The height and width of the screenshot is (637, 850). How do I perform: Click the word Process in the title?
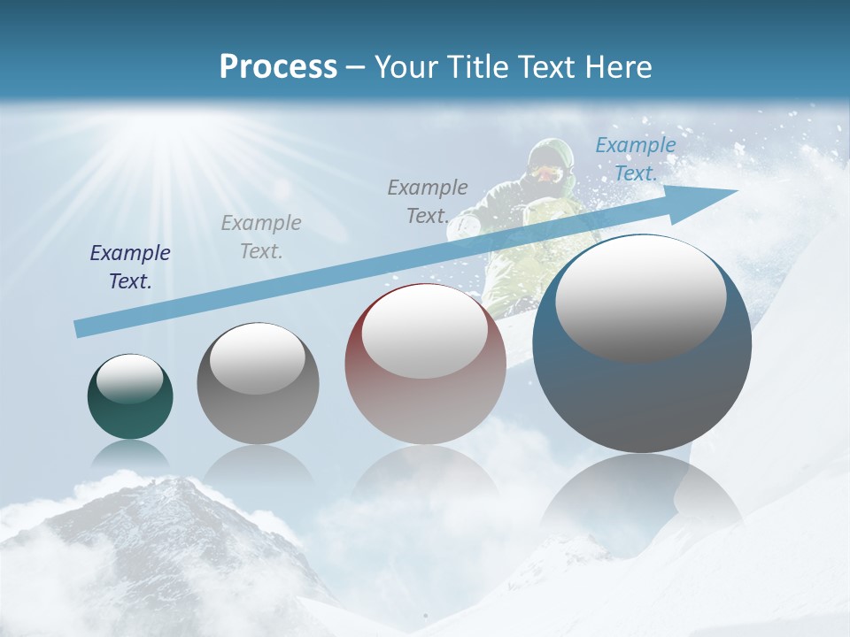(x=278, y=66)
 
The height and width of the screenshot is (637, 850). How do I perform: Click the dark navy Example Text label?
(x=130, y=267)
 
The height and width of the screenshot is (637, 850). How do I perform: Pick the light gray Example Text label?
(x=261, y=237)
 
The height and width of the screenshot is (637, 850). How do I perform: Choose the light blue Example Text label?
(x=635, y=159)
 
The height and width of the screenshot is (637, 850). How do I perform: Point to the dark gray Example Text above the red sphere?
(x=428, y=202)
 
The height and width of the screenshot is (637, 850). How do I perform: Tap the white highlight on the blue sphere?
(x=640, y=299)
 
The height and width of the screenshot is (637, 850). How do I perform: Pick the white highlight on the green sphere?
(x=129, y=379)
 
